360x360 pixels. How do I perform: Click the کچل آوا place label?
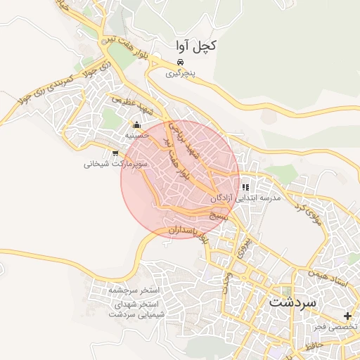[195, 46]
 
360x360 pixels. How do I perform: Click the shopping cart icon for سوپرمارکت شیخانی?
[115, 153]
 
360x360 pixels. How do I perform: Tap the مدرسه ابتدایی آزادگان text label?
[245, 199]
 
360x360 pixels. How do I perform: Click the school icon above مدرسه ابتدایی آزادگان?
[245, 188]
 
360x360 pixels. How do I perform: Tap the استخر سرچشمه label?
[134, 290]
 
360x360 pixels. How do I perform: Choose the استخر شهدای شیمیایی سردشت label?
[134, 309]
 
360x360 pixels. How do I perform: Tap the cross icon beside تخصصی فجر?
[347, 316]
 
